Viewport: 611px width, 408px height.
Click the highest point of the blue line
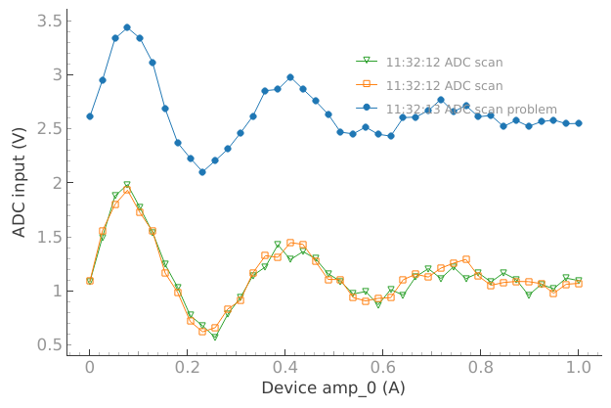point(127,27)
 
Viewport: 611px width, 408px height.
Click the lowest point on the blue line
point(202,172)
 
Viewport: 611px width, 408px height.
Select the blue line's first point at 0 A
point(90,116)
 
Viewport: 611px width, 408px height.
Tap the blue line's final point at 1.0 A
point(579,123)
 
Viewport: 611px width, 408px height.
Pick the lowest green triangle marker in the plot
point(215,338)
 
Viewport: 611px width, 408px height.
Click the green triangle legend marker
point(368,62)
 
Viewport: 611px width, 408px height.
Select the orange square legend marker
point(368,85)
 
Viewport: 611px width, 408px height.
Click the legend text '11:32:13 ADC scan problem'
point(471,109)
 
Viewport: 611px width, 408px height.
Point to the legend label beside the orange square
point(445,85)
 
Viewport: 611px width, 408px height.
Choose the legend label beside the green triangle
point(445,62)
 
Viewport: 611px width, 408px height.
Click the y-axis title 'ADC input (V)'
point(20,183)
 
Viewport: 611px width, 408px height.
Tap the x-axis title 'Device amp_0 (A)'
point(333,388)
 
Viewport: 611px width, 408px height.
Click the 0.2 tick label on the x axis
point(188,367)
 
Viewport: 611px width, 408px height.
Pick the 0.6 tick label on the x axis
point(383,367)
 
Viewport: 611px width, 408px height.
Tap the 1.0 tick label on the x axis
point(579,367)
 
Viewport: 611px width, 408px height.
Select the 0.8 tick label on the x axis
point(481,367)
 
